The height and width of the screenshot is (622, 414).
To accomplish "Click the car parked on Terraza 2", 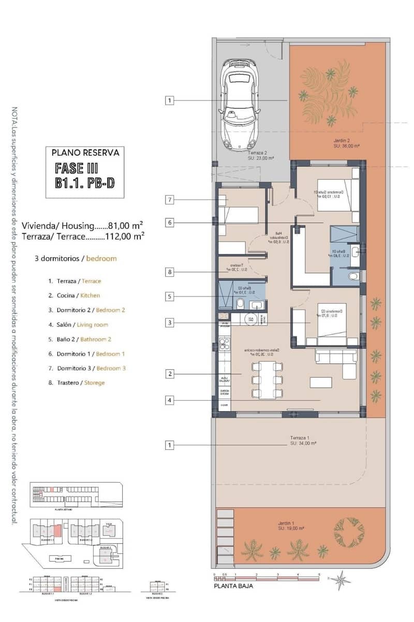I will point(240,105).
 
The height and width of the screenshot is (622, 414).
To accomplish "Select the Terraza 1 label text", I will point(303,441).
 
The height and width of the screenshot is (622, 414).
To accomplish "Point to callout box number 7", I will point(169,199).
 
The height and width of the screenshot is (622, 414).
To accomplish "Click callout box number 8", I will point(169,272).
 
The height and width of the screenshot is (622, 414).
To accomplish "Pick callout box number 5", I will point(169,296).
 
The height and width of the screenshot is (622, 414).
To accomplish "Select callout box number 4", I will point(169,400).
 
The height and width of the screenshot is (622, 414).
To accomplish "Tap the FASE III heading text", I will point(77,168).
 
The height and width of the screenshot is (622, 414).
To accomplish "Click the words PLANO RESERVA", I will point(86,152).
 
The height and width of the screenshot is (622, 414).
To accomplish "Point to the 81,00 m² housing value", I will point(125,226).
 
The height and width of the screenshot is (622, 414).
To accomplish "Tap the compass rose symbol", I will point(341,580).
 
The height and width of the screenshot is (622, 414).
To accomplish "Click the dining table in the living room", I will point(267,380).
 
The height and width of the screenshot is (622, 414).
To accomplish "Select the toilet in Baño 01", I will point(354,276).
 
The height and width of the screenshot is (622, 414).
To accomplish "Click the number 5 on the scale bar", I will point(319,575).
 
